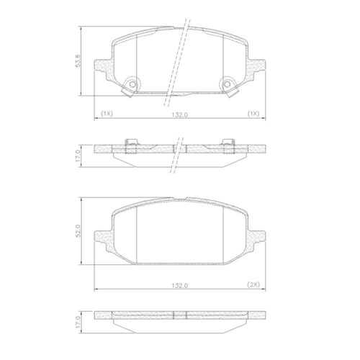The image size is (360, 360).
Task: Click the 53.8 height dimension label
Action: (78, 60)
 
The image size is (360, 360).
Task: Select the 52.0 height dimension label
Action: (78, 230)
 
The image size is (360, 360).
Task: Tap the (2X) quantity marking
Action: (253, 284)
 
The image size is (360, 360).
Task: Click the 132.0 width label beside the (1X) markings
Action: (180, 115)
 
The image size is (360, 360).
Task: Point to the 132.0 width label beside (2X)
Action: (180, 286)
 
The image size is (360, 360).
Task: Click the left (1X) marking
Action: (107, 114)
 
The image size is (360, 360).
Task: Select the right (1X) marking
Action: (253, 114)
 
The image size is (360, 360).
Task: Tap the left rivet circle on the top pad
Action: (132, 84)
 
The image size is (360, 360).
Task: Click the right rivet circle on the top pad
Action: (228, 84)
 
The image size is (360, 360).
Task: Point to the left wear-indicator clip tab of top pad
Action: (127, 92)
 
